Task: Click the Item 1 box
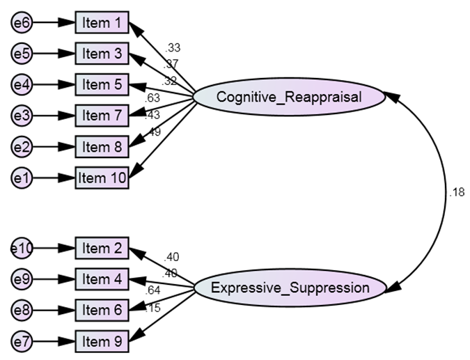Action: tap(102, 23)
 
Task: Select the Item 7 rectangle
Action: tap(102, 116)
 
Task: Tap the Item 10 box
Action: tap(102, 178)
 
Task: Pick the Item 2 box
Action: tap(102, 248)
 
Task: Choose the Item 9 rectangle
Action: tap(102, 341)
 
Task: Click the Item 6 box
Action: tap(102, 311)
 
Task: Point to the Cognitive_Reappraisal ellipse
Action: tap(289, 97)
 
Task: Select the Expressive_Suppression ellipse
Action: tap(289, 287)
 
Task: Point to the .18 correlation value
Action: tap(457, 193)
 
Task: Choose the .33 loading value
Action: tap(173, 48)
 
